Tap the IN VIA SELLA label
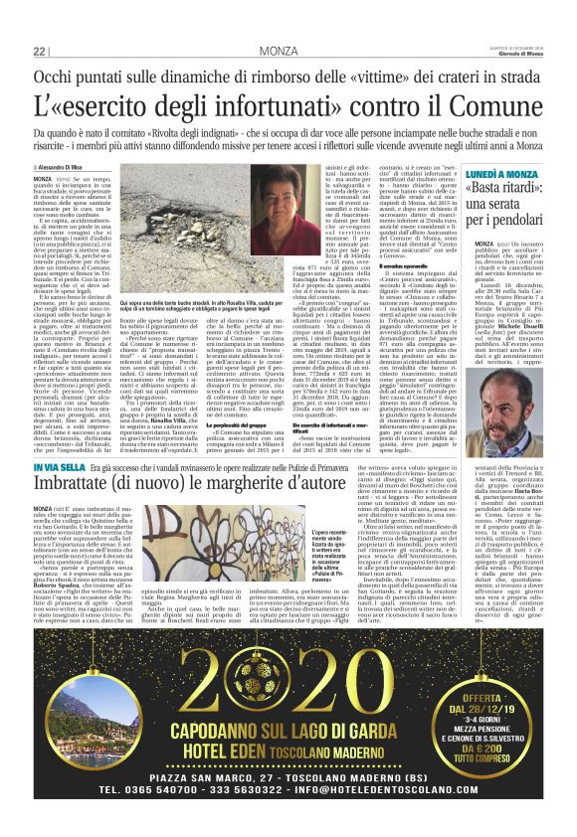56,465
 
